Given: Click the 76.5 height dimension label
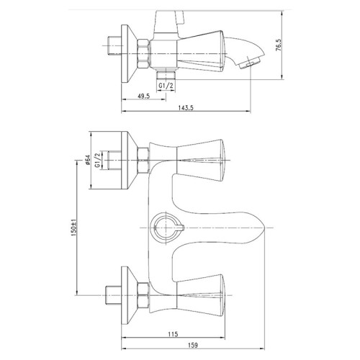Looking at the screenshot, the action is pos(279,45).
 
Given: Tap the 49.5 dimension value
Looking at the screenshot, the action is pos(144,96).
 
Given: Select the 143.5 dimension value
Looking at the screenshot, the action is pos(186,108).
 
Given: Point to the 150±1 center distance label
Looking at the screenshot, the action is pos(73,228).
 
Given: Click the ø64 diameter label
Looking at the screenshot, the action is pos(87,160).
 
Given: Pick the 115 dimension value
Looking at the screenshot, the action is pos(173,334).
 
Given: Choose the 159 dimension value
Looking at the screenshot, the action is pos(193,345).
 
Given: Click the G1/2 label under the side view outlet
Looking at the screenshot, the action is pos(166,86).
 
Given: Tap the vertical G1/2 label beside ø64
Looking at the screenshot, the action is pos(97,160).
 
